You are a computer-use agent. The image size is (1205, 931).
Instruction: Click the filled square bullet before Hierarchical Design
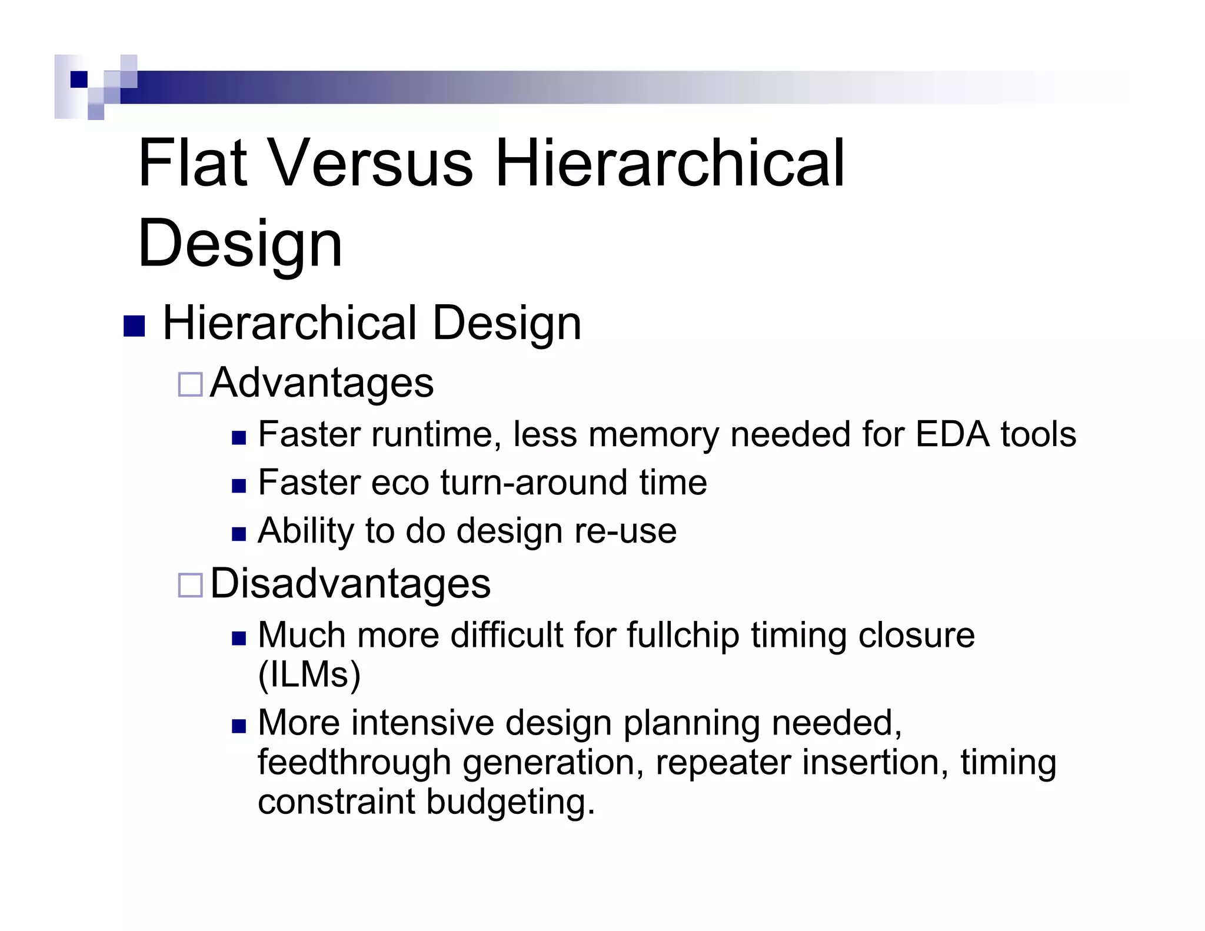click(134, 327)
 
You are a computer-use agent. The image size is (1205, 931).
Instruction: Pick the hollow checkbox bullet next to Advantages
click(190, 384)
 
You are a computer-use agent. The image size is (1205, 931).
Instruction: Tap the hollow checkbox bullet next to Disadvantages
click(190, 586)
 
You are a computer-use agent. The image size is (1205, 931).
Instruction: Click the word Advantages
click(322, 383)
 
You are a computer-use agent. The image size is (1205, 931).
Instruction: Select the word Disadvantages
click(350, 584)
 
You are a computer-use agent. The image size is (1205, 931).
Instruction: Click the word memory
click(654, 435)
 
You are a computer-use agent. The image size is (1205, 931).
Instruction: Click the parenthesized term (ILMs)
click(309, 674)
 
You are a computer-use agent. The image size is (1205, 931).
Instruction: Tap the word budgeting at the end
click(510, 802)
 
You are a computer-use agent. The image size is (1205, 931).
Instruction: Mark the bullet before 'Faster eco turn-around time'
click(238, 486)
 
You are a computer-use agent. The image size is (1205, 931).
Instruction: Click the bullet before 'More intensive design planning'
click(238, 726)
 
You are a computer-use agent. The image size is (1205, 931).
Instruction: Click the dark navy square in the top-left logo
click(79, 79)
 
